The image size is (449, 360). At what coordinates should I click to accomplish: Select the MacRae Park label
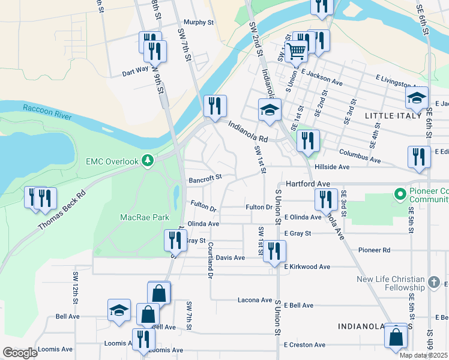point(145,217)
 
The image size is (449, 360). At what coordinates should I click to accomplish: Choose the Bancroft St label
point(205,178)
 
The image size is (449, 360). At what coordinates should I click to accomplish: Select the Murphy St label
point(199,22)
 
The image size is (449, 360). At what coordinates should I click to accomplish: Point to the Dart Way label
point(135,70)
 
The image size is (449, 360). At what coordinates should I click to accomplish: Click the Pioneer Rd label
point(374,250)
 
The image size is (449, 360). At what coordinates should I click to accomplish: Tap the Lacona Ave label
point(255,300)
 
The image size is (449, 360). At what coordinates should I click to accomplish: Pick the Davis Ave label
point(231,257)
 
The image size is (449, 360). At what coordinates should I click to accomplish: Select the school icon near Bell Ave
point(119,310)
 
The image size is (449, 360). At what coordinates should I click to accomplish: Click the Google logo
point(20,353)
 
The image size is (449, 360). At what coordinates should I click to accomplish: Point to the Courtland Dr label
point(211,260)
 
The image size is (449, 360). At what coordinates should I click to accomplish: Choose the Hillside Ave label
point(336,167)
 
